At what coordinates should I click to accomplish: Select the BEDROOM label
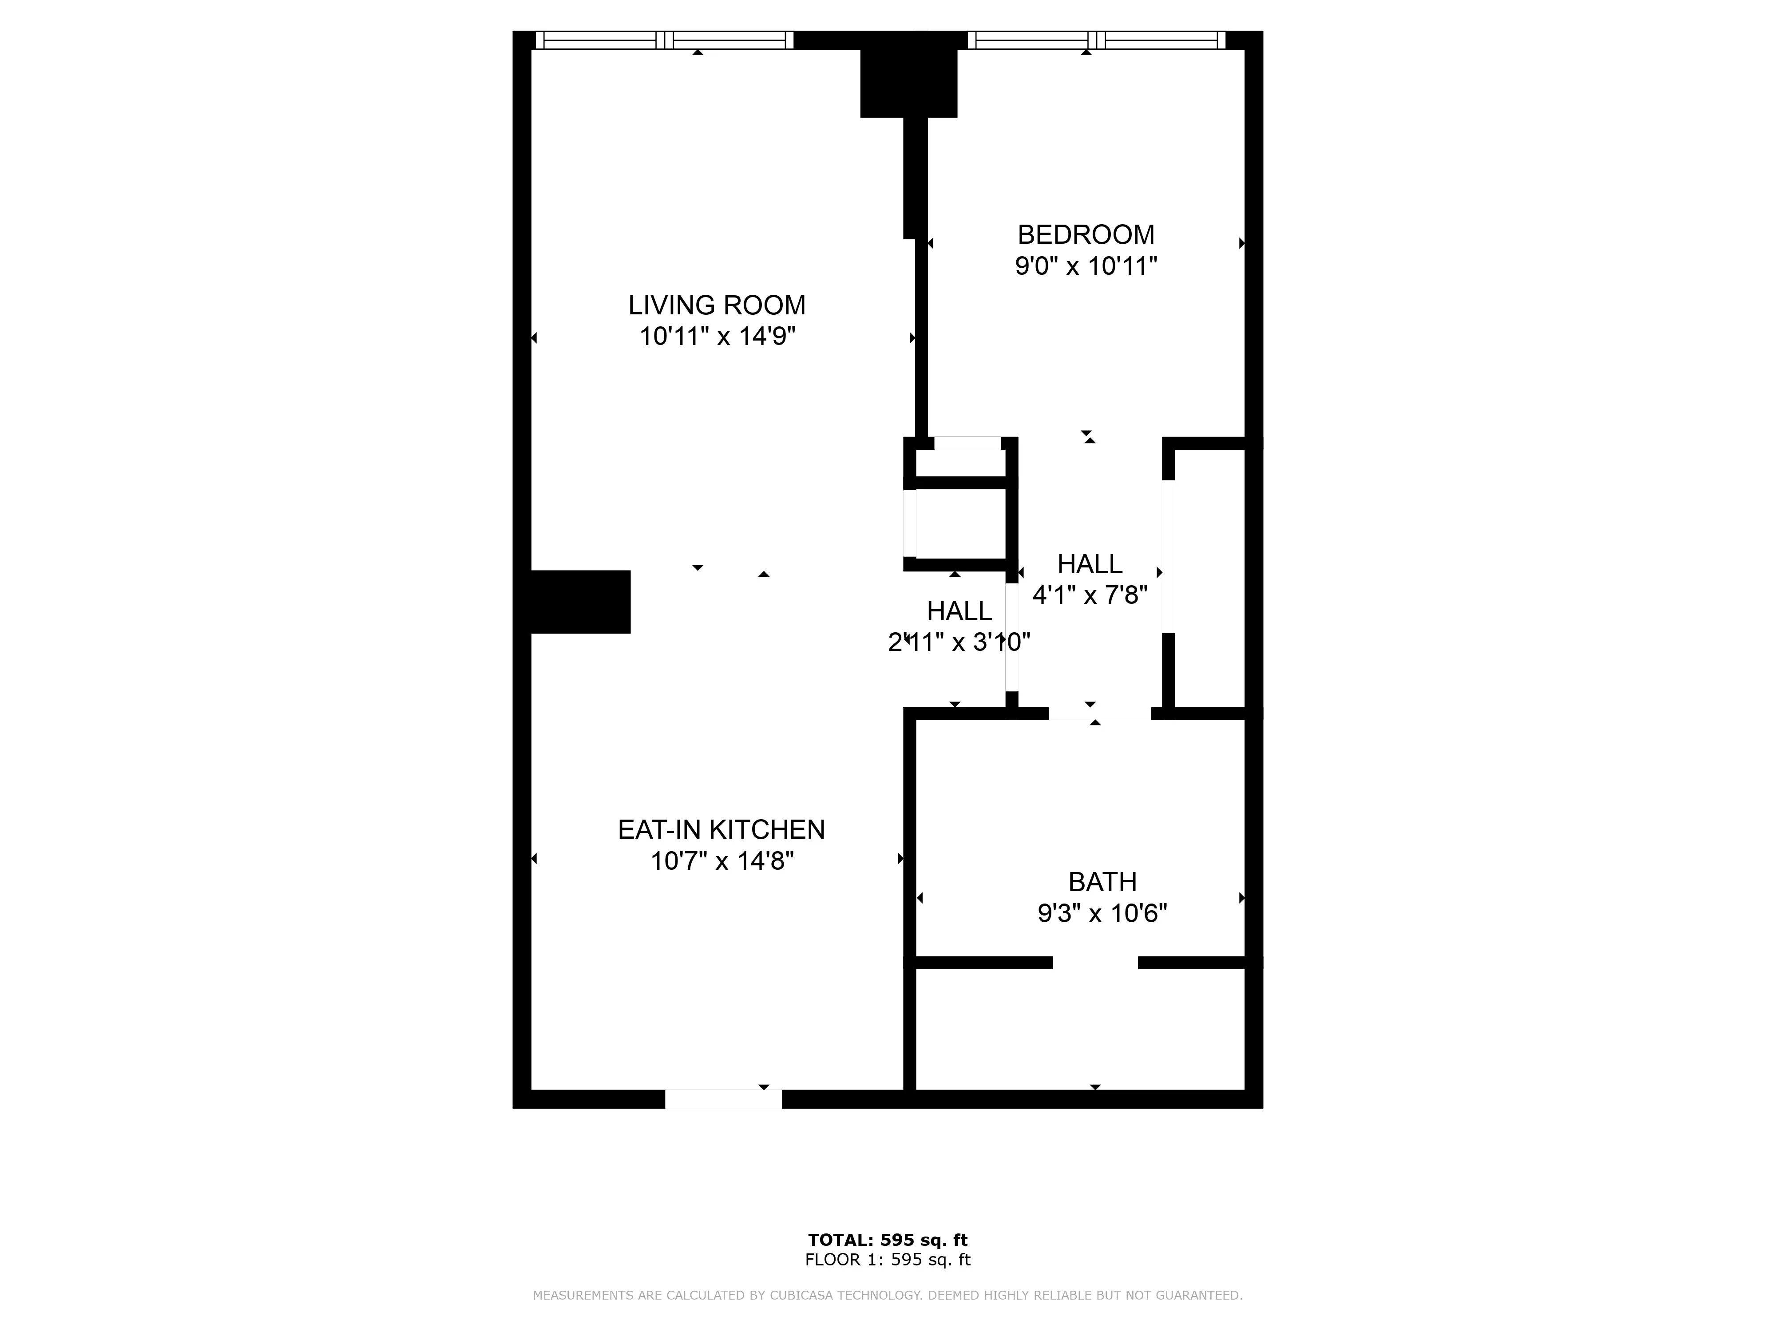(x=1086, y=234)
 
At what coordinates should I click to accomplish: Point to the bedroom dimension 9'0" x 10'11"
(x=1086, y=266)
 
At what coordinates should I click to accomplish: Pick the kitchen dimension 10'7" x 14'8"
(x=721, y=861)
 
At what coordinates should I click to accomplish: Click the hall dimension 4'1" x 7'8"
(x=1090, y=595)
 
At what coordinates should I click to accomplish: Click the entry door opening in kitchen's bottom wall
(x=722, y=1099)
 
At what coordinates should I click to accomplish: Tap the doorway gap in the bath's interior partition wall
(x=1095, y=963)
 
